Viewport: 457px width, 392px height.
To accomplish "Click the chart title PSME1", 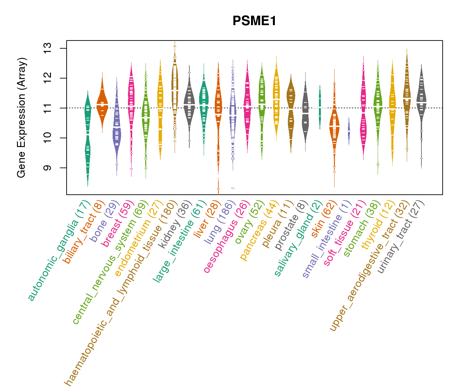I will coord(254,21).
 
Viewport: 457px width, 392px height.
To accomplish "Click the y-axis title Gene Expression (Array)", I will coord(22,118).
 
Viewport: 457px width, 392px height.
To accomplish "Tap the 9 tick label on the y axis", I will coord(47,168).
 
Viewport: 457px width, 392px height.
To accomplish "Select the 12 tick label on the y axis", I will coord(47,78).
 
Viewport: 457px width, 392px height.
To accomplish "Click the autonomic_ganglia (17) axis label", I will coord(58,250).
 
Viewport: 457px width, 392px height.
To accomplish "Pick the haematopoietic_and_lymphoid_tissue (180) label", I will coord(121,292).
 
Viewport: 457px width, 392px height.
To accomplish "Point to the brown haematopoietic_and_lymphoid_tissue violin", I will coord(175,88).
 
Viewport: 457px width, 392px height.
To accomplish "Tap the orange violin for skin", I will coord(334,127).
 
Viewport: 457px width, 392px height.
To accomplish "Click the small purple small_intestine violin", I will coord(349,131).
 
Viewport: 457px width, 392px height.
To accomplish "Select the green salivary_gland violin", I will coord(320,108).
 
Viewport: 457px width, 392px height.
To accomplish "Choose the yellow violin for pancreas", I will coord(276,98).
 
